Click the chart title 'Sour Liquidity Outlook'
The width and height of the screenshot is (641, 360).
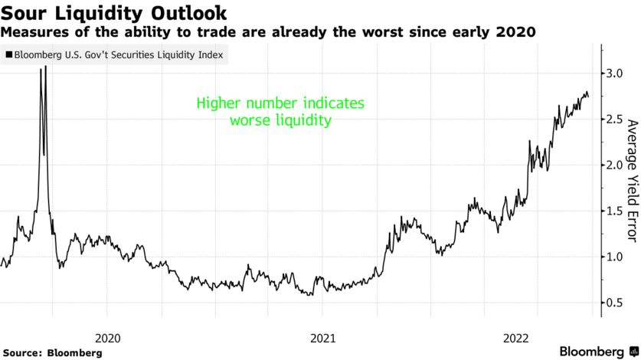point(114,12)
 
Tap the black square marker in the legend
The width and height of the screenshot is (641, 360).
point(9,56)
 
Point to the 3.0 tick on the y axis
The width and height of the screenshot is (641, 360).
point(614,74)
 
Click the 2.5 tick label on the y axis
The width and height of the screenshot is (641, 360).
point(614,119)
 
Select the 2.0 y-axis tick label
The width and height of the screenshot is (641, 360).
point(614,165)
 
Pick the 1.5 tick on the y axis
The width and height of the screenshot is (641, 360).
point(614,211)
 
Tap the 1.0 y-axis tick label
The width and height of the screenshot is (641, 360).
point(614,257)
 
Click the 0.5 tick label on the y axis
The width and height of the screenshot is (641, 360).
point(614,303)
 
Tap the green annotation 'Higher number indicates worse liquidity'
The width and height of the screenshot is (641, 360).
point(280,111)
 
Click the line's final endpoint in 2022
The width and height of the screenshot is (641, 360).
point(588,97)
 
